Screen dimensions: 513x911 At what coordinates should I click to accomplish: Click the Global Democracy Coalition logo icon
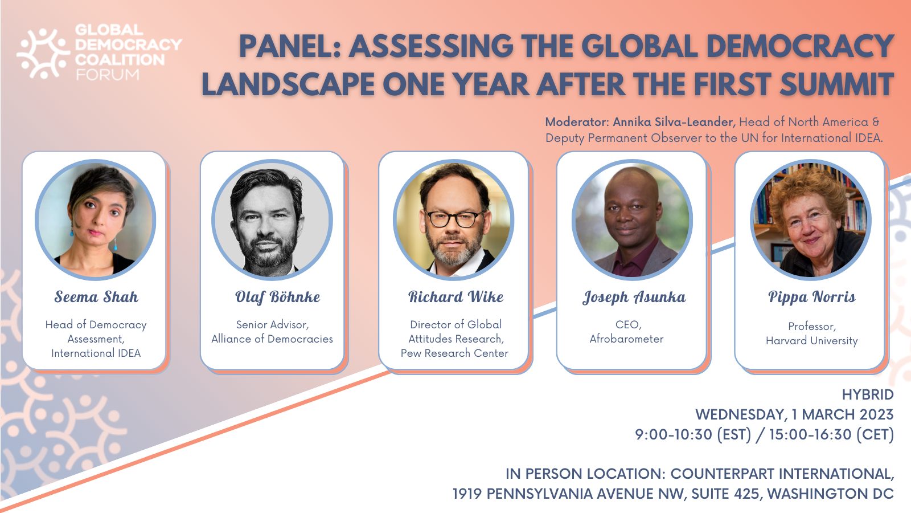click(x=43, y=53)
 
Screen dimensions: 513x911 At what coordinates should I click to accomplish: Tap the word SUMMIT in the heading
click(x=836, y=84)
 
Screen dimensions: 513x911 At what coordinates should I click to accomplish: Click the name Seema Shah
click(x=96, y=297)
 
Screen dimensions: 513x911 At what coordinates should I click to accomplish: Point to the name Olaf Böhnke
click(x=277, y=297)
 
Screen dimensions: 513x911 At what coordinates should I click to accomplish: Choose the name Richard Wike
click(x=455, y=297)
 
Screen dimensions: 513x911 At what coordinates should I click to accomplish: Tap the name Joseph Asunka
click(x=634, y=297)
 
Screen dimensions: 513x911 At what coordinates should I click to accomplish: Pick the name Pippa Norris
click(x=811, y=297)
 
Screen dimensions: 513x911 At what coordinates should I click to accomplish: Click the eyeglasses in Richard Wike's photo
click(x=454, y=219)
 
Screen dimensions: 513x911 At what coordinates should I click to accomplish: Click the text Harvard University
click(x=811, y=341)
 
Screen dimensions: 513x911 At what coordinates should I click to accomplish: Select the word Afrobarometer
click(x=626, y=339)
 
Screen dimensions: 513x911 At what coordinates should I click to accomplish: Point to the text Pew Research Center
click(x=454, y=353)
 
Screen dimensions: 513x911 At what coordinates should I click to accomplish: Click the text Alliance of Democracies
click(x=272, y=339)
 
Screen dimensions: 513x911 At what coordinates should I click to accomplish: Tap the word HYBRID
click(x=867, y=394)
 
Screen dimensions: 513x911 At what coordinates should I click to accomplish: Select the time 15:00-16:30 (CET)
click(x=831, y=434)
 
